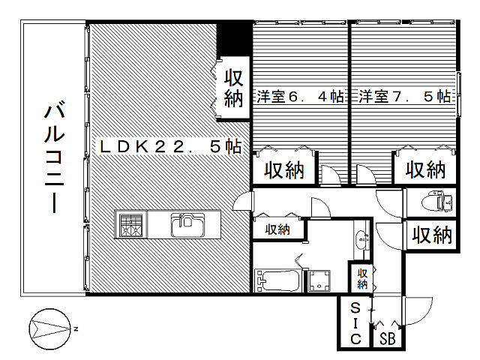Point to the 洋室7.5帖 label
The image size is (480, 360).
(404, 97)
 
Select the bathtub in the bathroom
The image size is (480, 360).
(277, 281)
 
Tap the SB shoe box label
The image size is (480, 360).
(387, 338)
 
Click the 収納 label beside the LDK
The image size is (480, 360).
(234, 87)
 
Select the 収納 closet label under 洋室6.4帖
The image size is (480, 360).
(283, 169)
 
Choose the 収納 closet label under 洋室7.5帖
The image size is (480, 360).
(424, 169)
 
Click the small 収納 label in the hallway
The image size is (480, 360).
(277, 229)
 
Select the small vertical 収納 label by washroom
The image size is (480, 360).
(362, 278)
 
